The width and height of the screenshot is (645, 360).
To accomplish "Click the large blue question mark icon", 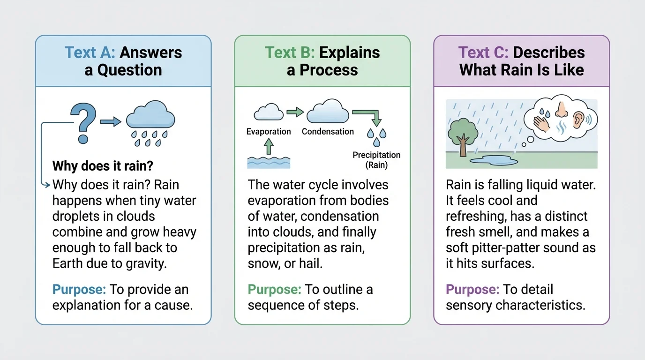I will [83, 122].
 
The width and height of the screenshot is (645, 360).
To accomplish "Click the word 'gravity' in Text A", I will [145, 263].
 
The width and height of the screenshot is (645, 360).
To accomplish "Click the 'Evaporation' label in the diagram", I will [269, 132].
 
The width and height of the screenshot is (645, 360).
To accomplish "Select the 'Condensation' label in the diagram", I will [328, 132].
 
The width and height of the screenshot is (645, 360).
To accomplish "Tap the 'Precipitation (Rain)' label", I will [376, 160].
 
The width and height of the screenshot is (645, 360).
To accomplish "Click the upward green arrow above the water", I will [269, 147].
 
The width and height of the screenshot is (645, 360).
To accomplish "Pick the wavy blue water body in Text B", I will [269, 162].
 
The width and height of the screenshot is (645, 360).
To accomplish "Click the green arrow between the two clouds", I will [295, 112].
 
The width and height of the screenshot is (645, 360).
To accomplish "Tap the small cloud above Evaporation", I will [269, 112].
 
